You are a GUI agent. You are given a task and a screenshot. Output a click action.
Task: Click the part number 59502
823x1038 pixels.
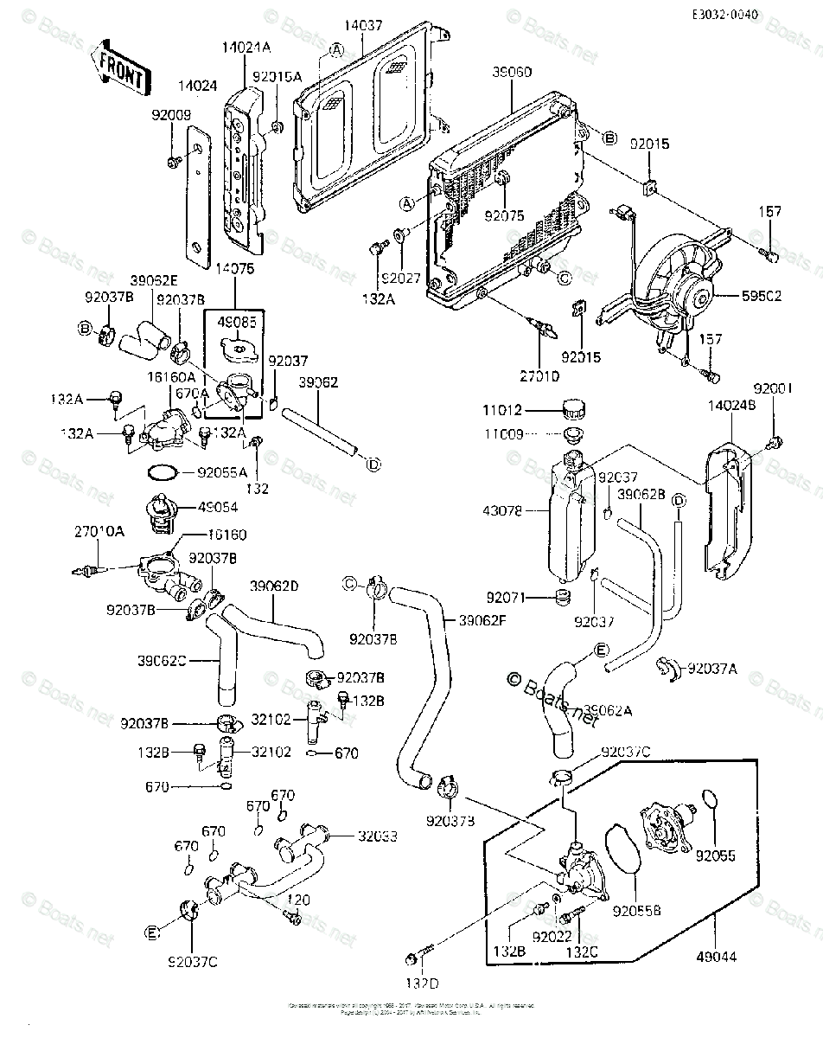coord(762,294)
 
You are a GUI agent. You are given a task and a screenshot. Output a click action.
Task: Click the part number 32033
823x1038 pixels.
coord(376,836)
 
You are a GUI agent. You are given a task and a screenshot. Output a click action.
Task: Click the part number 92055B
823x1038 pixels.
coord(636,910)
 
